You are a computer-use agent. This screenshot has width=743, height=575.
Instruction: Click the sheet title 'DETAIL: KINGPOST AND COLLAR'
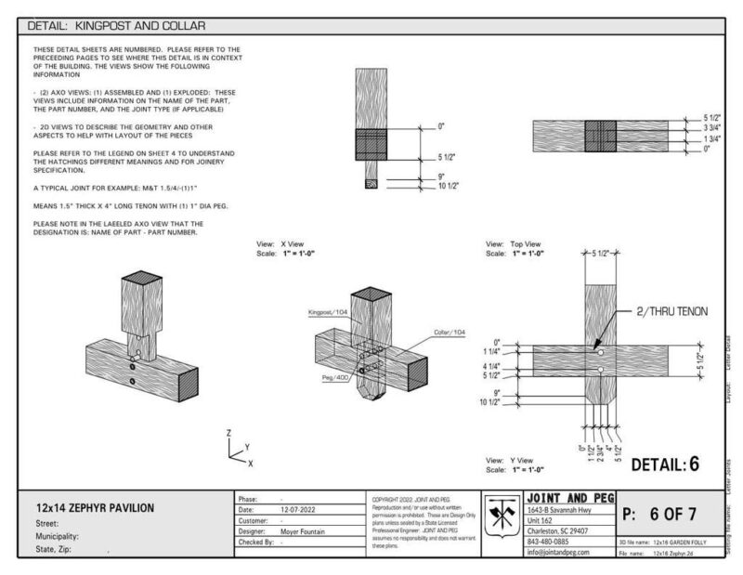pos(117,26)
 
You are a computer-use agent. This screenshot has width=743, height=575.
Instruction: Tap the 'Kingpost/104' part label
pos(328,314)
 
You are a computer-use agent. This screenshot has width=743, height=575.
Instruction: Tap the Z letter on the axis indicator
pos(228,433)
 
